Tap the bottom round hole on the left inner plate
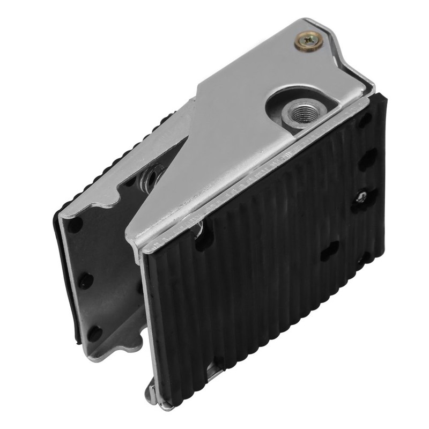[x=94, y=331]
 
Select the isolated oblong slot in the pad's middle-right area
[x=329, y=250]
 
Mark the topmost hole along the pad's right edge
[x=364, y=121]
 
